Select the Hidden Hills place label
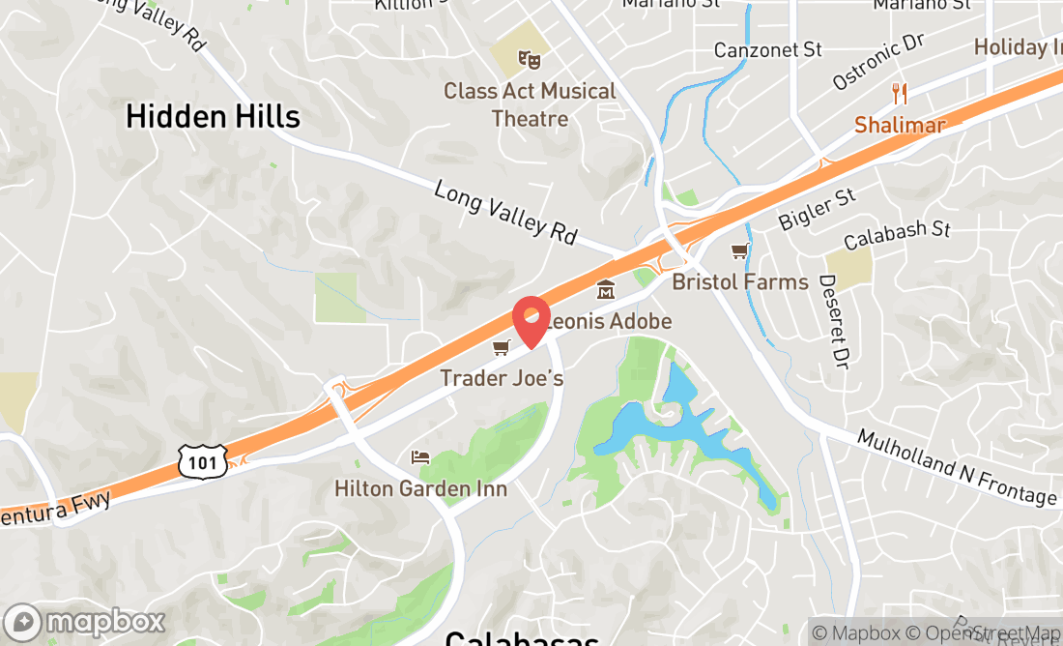214,117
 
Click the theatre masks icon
529,59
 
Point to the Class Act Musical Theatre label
530,104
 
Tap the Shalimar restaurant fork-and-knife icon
900,93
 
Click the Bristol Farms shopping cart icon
740,251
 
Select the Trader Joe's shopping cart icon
501,347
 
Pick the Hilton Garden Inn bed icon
419,456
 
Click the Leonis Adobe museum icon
606,288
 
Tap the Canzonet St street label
767,48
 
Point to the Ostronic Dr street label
878,62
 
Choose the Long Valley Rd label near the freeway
505,211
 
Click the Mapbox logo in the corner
85,621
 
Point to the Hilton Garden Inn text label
420,488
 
